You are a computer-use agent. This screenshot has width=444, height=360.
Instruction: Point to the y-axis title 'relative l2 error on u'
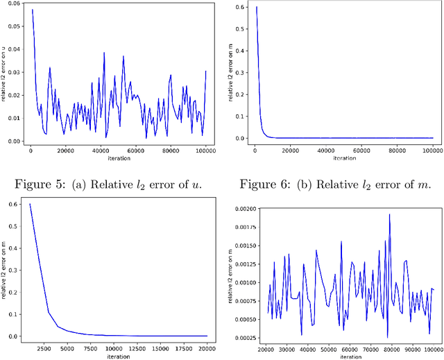(4, 73)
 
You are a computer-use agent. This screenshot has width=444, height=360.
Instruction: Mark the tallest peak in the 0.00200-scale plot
(389, 214)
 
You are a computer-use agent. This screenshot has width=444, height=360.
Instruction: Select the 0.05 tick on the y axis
(12, 27)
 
